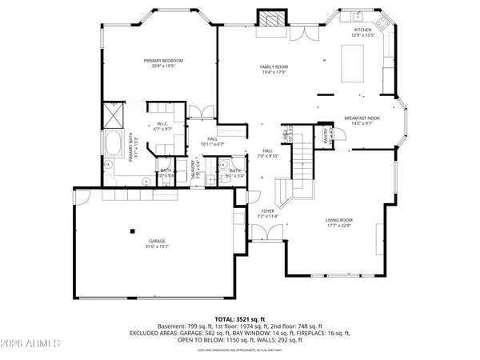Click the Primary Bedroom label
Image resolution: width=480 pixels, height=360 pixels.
click(x=163, y=63)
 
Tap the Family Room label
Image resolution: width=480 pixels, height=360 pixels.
click(x=273, y=70)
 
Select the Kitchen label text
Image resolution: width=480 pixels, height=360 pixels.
click(x=362, y=32)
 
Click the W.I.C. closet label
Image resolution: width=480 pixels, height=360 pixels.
click(x=162, y=126)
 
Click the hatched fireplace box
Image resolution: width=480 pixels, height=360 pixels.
click(x=270, y=18)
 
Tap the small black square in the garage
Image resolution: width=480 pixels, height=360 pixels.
click(x=134, y=231)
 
